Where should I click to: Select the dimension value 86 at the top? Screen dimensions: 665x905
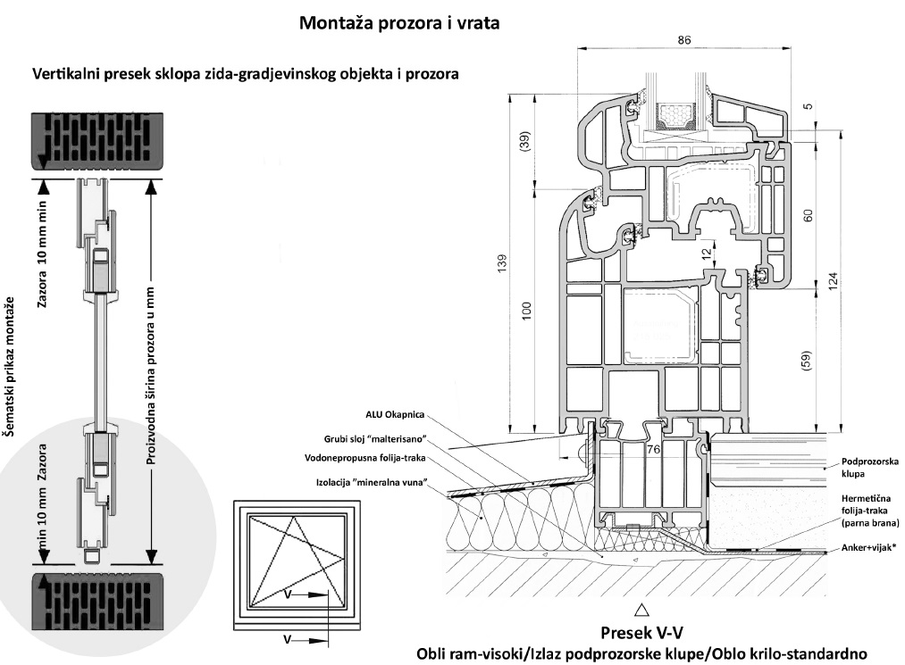click(x=685, y=41)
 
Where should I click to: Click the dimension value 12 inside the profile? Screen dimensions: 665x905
click(x=706, y=254)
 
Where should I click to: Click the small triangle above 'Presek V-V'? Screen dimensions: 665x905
click(x=641, y=611)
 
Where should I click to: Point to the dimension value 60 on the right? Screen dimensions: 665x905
click(x=809, y=215)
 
